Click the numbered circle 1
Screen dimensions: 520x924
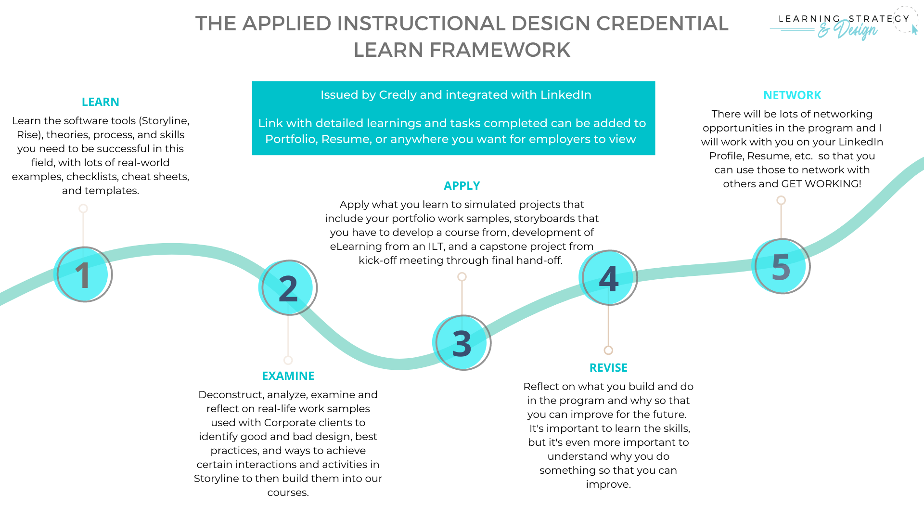(84, 274)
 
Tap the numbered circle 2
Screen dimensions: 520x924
(288, 288)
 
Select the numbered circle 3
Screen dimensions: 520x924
(462, 343)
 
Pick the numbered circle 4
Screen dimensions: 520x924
(608, 278)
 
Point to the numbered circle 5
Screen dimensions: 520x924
(782, 266)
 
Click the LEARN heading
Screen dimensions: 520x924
(100, 102)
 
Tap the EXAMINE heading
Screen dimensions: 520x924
(288, 376)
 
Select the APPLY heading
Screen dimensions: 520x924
(462, 186)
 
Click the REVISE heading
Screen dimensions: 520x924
(608, 368)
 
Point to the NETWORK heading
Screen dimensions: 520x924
(792, 95)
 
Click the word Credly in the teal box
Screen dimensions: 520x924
(398, 95)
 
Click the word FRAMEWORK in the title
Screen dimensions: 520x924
(500, 50)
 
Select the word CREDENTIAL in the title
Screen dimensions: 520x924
(662, 24)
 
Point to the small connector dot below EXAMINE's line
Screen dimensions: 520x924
(288, 360)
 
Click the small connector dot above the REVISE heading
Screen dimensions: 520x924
(608, 350)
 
